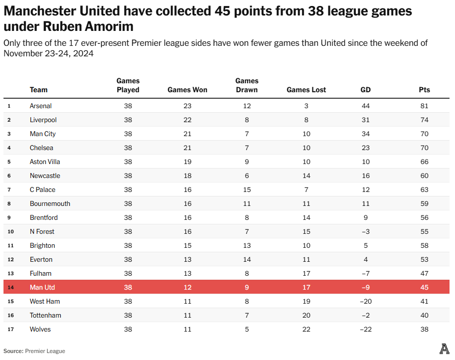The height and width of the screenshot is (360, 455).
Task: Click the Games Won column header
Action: tap(187, 90)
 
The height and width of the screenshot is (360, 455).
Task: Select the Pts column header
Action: tap(424, 90)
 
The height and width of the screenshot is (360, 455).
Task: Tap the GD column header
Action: tap(365, 90)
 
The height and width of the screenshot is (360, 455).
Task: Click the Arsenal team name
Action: tap(41, 106)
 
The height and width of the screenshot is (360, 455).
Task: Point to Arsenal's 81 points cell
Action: tap(424, 106)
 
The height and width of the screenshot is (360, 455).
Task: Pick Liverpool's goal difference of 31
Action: tap(365, 120)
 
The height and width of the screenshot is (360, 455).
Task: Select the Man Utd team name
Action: tap(42, 287)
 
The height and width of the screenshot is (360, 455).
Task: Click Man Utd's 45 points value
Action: tap(424, 287)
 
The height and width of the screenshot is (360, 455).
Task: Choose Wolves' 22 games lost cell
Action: tap(306, 329)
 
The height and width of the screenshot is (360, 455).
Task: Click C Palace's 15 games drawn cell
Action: tap(247, 189)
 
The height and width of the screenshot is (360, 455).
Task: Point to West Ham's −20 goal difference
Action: tap(365, 301)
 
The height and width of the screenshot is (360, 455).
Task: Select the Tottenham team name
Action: tap(45, 315)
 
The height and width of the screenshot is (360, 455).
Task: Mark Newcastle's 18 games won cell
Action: tap(187, 176)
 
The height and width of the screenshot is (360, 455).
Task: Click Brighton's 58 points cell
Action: tap(424, 245)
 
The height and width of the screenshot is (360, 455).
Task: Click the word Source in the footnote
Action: tap(13, 351)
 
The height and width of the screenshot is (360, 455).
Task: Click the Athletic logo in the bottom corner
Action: tap(444, 349)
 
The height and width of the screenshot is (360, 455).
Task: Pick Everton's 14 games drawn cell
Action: tap(247, 259)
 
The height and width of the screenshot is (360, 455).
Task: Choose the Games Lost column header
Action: tap(306, 90)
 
